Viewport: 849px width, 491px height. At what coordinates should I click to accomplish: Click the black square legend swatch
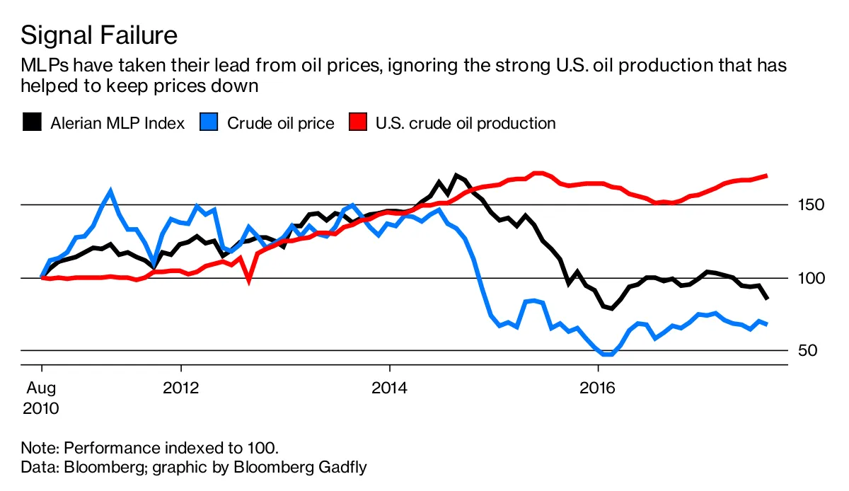point(32,123)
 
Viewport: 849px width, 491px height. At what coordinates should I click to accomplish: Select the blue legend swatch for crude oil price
point(209,123)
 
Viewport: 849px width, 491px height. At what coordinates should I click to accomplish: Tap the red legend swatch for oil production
point(359,123)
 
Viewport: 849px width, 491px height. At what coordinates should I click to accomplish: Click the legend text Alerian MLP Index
point(117,123)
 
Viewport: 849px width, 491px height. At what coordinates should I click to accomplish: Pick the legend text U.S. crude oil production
point(466,123)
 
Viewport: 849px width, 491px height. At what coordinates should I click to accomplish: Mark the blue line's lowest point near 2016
point(606,354)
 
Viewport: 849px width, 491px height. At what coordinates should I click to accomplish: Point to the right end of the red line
point(767,175)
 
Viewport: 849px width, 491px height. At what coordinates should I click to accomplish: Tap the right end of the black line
point(768,298)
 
